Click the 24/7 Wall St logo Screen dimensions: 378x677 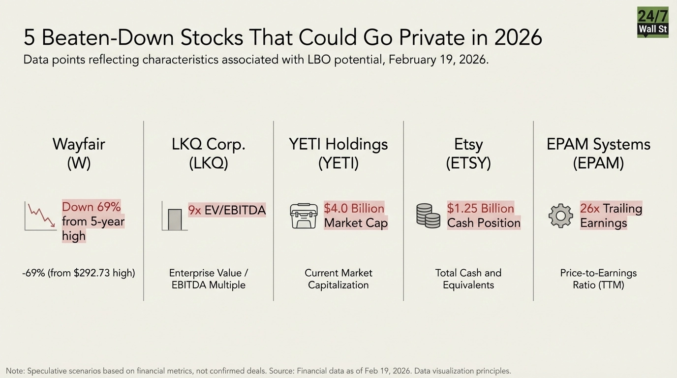(652, 22)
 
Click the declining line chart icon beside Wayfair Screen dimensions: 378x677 (40, 216)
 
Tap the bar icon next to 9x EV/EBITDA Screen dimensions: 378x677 (174, 218)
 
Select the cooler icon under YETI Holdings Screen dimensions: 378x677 (304, 216)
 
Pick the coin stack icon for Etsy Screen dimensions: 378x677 (428, 216)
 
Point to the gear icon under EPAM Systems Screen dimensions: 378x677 (561, 216)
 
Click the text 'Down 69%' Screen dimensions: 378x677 (91, 207)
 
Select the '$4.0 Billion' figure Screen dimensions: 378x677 (354, 208)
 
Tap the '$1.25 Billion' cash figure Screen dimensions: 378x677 (480, 208)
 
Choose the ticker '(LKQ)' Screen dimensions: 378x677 (209, 163)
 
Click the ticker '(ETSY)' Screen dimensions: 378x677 (468, 163)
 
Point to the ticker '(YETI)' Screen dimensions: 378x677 (338, 163)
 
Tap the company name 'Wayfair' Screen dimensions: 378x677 (79, 144)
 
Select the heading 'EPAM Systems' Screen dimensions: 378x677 (598, 144)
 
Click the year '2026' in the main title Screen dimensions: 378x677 (518, 37)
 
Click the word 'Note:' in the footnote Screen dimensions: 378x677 (15, 371)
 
